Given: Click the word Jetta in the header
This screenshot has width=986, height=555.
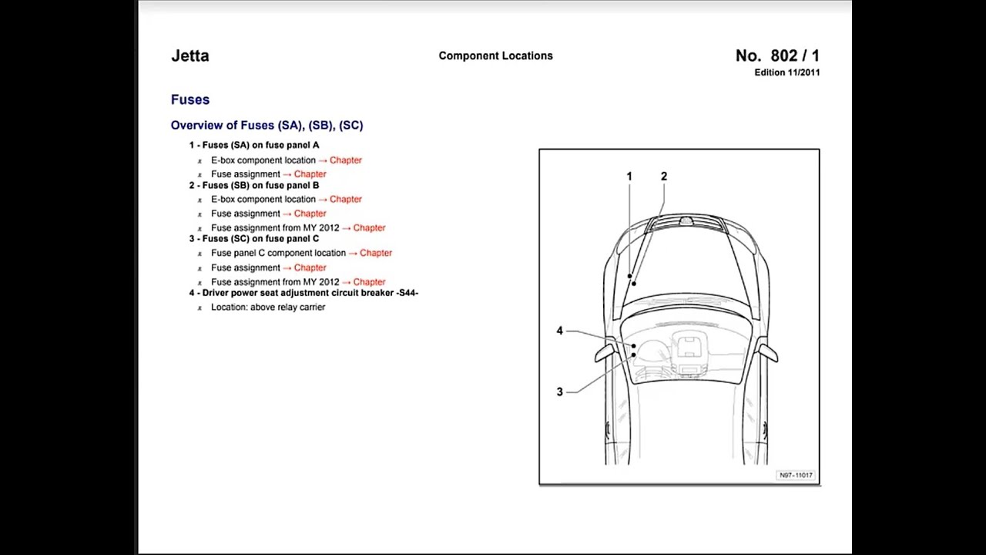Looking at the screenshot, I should [189, 55].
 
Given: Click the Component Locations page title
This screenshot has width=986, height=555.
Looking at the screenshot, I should [495, 55].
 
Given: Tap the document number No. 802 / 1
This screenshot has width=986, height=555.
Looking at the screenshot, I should [777, 55].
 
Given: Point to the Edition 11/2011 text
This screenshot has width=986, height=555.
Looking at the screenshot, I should [786, 72].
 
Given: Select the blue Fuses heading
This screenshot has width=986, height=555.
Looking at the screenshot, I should [190, 99].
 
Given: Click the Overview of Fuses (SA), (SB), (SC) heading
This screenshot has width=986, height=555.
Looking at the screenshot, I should [267, 125].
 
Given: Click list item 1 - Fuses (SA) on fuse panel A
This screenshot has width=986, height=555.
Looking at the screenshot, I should [254, 145].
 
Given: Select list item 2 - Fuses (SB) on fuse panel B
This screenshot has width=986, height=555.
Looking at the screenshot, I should [254, 185].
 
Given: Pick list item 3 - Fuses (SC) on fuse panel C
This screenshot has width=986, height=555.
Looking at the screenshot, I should [254, 239].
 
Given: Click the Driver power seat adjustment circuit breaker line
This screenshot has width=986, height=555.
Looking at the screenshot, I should [304, 293].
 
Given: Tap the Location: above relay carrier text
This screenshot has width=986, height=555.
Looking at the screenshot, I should [268, 307].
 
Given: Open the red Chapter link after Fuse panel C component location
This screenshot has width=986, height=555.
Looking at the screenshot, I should [375, 253].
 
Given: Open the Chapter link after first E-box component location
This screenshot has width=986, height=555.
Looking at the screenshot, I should [345, 160].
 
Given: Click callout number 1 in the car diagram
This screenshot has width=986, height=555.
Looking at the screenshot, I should [629, 177].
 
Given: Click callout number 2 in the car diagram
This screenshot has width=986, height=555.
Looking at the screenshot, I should [664, 177].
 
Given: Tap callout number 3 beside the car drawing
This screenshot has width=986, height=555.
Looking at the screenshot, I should [559, 392].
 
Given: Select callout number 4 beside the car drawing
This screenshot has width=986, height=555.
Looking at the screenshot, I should [559, 331].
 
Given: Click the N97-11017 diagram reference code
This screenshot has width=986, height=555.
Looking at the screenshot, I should [796, 476].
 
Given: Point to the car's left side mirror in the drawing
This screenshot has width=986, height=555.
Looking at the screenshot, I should [604, 352].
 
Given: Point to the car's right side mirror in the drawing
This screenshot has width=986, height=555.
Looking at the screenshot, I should [768, 352].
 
